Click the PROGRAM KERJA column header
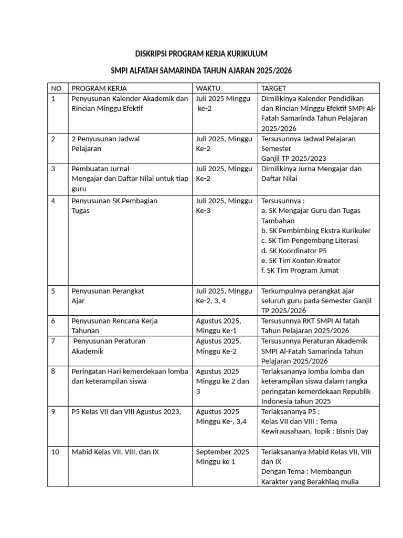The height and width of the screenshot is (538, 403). pyautogui.click(x=99, y=88)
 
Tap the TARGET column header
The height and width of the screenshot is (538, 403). pyautogui.click(x=273, y=88)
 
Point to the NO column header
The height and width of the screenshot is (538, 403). pyautogui.click(x=56, y=88)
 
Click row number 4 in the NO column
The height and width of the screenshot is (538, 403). pyautogui.click(x=54, y=200)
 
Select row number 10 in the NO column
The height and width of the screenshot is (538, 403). pyautogui.click(x=56, y=451)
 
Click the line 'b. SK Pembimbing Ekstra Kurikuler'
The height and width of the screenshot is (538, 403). pyautogui.click(x=316, y=231)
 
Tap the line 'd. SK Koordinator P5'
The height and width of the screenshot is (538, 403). pyautogui.click(x=297, y=251)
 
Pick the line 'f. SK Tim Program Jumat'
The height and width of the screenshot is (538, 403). pyautogui.click(x=300, y=271)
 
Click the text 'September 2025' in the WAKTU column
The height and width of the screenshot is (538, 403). pyautogui.click(x=222, y=451)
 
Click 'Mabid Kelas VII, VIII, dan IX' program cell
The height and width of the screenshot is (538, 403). pyautogui.click(x=115, y=451)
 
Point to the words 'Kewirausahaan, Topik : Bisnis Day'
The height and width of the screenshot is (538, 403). pyautogui.click(x=315, y=431)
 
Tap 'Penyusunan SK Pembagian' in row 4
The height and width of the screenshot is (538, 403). pyautogui.click(x=114, y=200)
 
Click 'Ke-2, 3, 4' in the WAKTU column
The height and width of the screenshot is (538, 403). pyautogui.click(x=214, y=301)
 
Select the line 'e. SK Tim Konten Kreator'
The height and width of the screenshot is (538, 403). pyautogui.click(x=301, y=261)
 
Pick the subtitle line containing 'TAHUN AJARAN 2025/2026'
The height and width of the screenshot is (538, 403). pyautogui.click(x=201, y=70)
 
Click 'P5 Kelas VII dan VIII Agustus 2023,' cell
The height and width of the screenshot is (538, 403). pyautogui.click(x=126, y=411)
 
